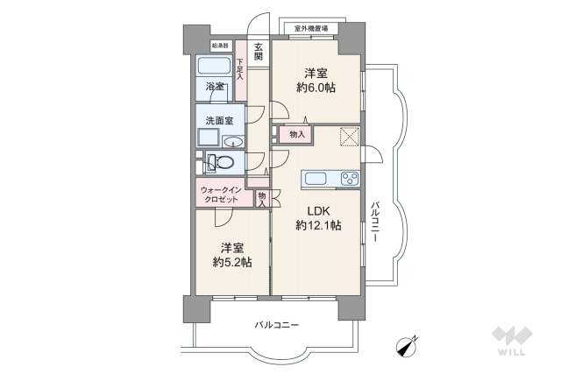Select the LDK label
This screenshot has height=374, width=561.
point(318,210)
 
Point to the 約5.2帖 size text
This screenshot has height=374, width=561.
point(231,262)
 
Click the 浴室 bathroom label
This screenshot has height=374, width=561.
point(215,87)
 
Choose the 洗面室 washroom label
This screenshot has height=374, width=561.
point(218,120)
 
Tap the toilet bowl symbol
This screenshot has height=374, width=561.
point(224,162)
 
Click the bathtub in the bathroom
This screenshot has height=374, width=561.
point(214,67)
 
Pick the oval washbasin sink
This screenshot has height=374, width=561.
point(234,142)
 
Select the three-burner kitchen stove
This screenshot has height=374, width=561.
point(350,179)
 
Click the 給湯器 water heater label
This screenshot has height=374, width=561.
point(220,45)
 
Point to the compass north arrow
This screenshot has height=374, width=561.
point(407,347)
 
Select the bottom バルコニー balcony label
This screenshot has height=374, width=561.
point(277,325)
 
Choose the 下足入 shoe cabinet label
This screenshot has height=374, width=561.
point(240,71)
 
